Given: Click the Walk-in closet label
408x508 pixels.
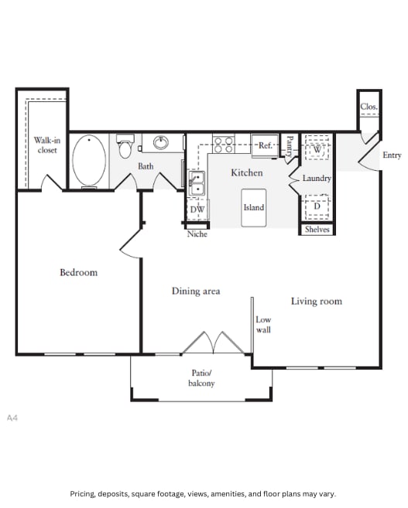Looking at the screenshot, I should point(47,145).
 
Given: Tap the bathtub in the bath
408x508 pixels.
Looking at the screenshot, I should point(90,160).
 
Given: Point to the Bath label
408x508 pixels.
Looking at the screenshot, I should point(146,166).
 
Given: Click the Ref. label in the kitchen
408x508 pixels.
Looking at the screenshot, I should point(266,145).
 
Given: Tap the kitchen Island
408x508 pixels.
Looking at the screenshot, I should point(254,207).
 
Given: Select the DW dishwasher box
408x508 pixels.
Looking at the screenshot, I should point(197,210).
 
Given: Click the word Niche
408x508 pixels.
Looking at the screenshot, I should point(197,234).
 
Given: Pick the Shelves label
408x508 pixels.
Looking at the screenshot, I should point(317,230).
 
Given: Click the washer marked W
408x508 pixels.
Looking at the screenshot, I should point(316,148).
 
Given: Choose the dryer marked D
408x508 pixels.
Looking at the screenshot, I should point(316,206).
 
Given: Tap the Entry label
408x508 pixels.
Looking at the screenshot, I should point(392,155).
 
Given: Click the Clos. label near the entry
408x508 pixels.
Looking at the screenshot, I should point(369,107).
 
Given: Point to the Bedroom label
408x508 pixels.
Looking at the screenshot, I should point(79,272).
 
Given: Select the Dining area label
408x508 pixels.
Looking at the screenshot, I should point(196,291).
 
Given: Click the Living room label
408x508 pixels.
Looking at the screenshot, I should point(316,301).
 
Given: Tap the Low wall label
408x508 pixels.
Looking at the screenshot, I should point(263,325).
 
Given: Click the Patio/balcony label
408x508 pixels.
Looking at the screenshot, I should point(202,378).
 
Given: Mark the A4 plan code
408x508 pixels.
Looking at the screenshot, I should point(12,418).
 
